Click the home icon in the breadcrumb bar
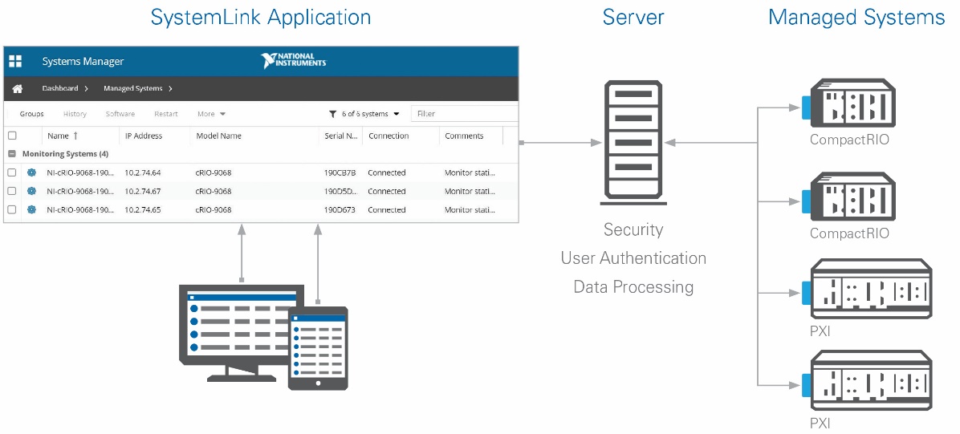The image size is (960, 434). click(17, 89)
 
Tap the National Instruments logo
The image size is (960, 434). click(293, 61)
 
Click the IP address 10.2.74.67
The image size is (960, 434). click(143, 191)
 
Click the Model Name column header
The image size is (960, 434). click(218, 136)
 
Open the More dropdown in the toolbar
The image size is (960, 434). click(211, 114)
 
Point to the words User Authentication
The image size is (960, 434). click(633, 258)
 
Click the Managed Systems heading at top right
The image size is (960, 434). click(856, 17)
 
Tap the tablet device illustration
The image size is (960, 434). click(318, 348)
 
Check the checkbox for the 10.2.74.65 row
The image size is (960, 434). click(11, 210)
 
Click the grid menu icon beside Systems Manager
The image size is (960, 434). click(15, 61)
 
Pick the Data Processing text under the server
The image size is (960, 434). click(633, 286)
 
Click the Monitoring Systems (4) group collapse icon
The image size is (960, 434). click(11, 154)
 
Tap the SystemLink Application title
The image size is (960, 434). click(261, 17)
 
